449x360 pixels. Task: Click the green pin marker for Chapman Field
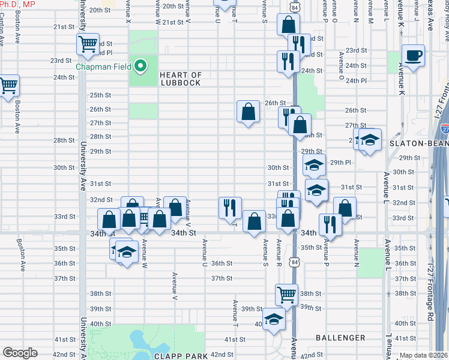point(140,66)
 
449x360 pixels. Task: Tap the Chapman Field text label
point(103,66)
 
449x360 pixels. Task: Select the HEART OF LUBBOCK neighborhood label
point(180,79)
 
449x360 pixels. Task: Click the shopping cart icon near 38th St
point(287,295)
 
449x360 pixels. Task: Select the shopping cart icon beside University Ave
point(88,44)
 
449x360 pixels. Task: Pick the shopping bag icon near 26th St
point(248,112)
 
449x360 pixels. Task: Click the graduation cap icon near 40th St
point(274,319)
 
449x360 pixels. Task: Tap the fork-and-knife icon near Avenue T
point(230,208)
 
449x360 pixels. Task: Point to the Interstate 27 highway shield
point(444,127)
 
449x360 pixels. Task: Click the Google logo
point(20,353)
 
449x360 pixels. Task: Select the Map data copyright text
point(424,355)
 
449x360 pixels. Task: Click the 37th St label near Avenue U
point(221,278)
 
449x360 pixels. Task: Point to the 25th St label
point(100,95)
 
